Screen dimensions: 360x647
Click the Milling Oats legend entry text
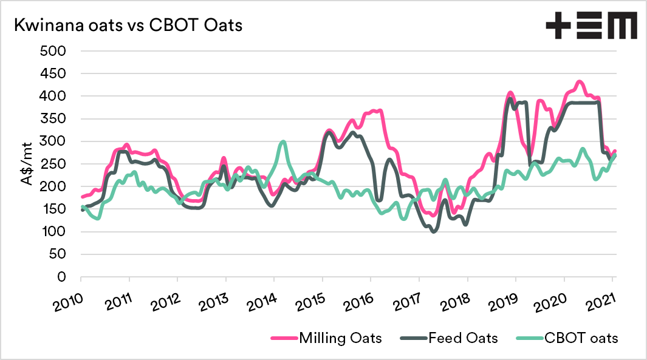pyautogui.click(x=340, y=338)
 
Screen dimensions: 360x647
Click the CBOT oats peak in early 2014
pyautogui.click(x=283, y=142)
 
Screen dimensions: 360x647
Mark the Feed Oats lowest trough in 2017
pyautogui.click(x=433, y=231)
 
